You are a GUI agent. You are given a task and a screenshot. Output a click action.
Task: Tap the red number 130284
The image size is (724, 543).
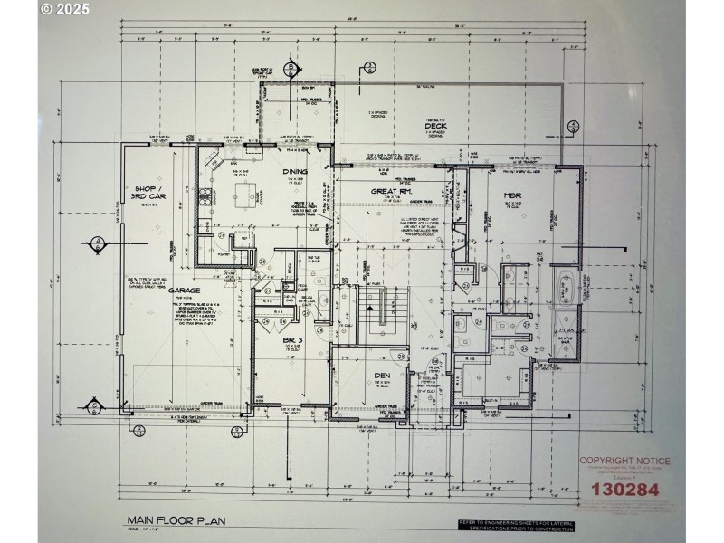coord(624,490)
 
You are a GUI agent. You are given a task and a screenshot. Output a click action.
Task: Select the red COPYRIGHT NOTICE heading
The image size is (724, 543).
coord(624,461)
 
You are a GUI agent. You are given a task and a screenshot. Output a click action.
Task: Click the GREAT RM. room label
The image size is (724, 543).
coord(391,192)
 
